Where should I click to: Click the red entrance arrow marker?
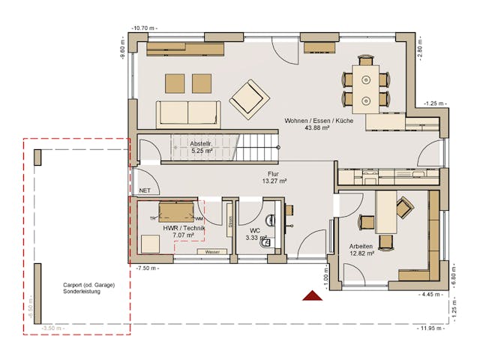pyautogui.click(x=312, y=296)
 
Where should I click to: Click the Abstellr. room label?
pyautogui.click(x=201, y=147)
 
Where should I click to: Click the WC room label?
pyautogui.click(x=255, y=234)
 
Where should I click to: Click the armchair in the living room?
pyautogui.click(x=248, y=99)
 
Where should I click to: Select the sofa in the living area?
pyautogui.click(x=188, y=113)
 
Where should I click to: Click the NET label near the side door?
pyautogui.click(x=145, y=191)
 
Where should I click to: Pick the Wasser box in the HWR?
pyautogui.click(x=212, y=252)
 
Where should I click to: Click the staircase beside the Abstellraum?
pyautogui.click(x=257, y=146)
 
